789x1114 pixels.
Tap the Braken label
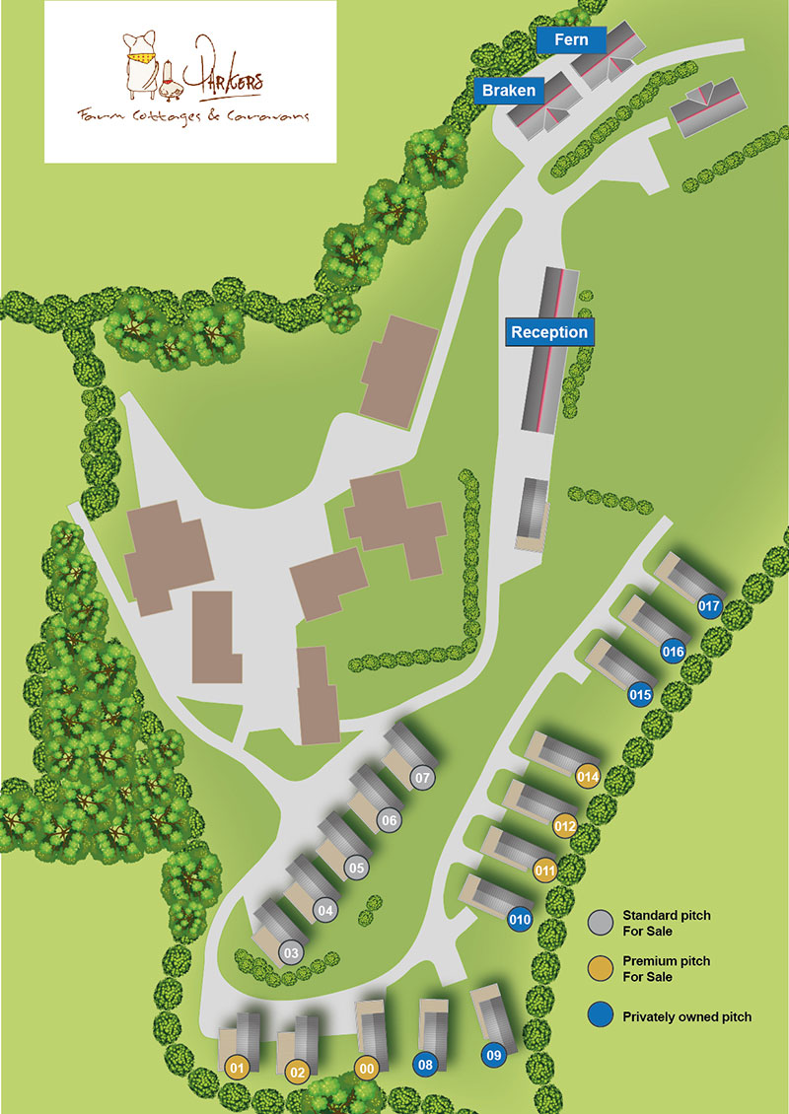(x=509, y=91)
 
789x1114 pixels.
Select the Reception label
(x=549, y=332)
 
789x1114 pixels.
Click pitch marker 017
(x=709, y=606)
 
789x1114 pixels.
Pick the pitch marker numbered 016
(x=674, y=651)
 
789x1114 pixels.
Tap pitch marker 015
(x=640, y=695)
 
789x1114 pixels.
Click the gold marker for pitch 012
(x=565, y=825)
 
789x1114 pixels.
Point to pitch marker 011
(x=544, y=870)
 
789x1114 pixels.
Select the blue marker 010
(x=521, y=921)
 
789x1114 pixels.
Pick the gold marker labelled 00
(x=367, y=1068)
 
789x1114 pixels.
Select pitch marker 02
(x=297, y=1072)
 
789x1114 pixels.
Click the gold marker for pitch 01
(x=236, y=1067)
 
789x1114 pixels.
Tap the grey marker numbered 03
(x=290, y=953)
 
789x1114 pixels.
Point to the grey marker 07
(x=423, y=778)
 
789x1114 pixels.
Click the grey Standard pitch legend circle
(x=601, y=923)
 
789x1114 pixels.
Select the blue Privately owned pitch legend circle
(x=601, y=1016)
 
